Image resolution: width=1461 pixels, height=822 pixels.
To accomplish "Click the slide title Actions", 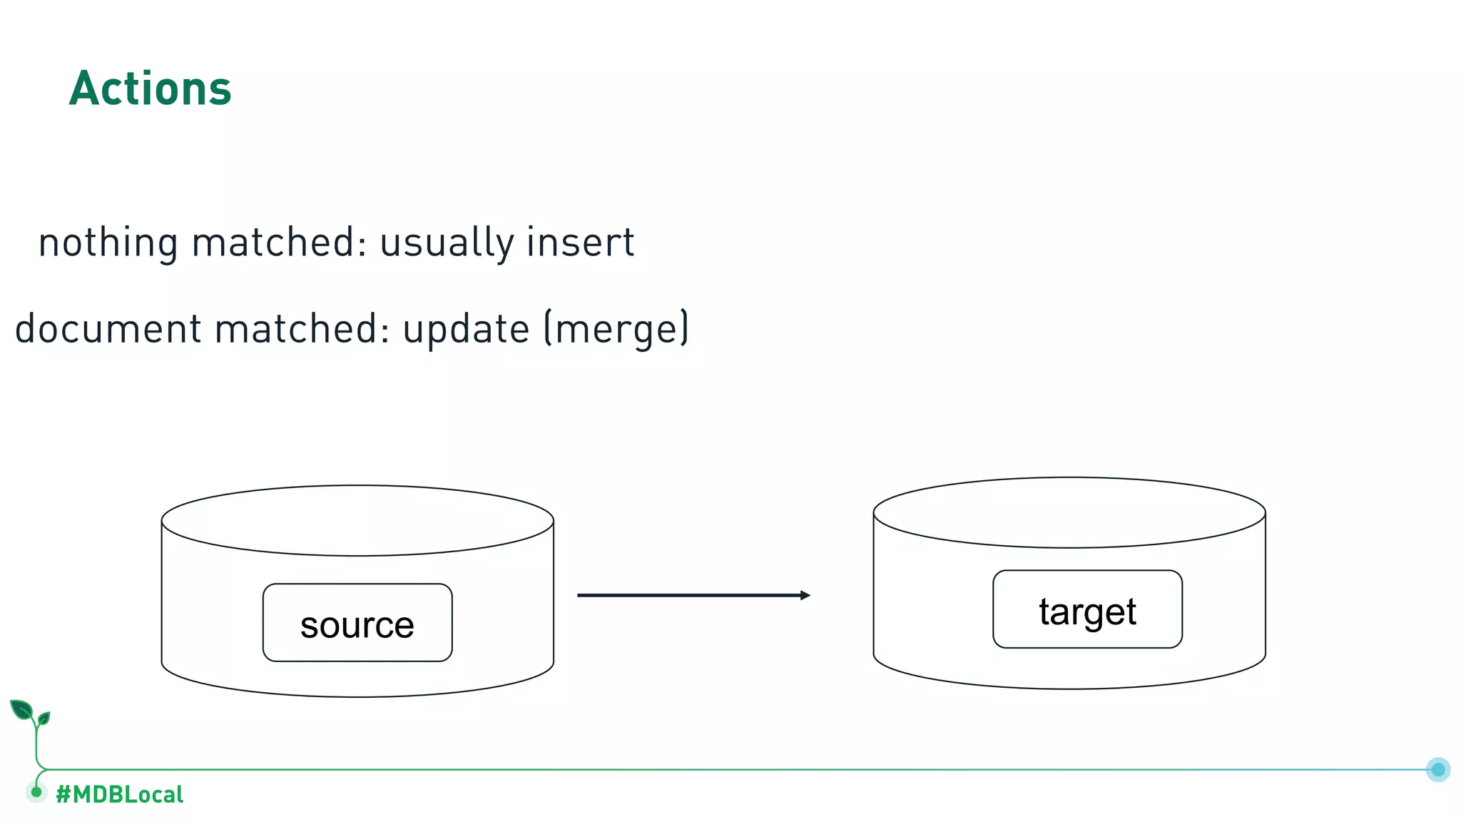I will (x=151, y=89).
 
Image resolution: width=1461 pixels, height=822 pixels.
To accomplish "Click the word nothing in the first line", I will (x=108, y=243).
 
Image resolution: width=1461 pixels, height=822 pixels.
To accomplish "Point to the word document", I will (x=108, y=330).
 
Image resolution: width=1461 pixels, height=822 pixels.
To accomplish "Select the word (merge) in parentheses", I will (x=616, y=330).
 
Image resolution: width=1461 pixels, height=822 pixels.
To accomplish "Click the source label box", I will (x=357, y=623).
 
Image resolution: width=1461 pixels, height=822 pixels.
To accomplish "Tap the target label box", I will (x=1087, y=609).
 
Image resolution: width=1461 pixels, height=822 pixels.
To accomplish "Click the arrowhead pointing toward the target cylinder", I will (x=805, y=595).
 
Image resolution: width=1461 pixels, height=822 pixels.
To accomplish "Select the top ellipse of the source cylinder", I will (x=357, y=520).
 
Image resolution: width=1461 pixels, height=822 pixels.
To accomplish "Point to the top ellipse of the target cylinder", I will (x=1069, y=512).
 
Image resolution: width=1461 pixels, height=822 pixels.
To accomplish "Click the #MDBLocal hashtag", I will (x=120, y=794).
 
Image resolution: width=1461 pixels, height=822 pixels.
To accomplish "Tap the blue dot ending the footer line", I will (x=1438, y=769).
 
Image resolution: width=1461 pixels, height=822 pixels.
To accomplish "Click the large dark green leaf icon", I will (x=21, y=709).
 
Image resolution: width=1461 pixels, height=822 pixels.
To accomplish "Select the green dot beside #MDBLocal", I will (x=36, y=792).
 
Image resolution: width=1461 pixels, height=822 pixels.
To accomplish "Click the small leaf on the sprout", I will (x=44, y=718).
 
